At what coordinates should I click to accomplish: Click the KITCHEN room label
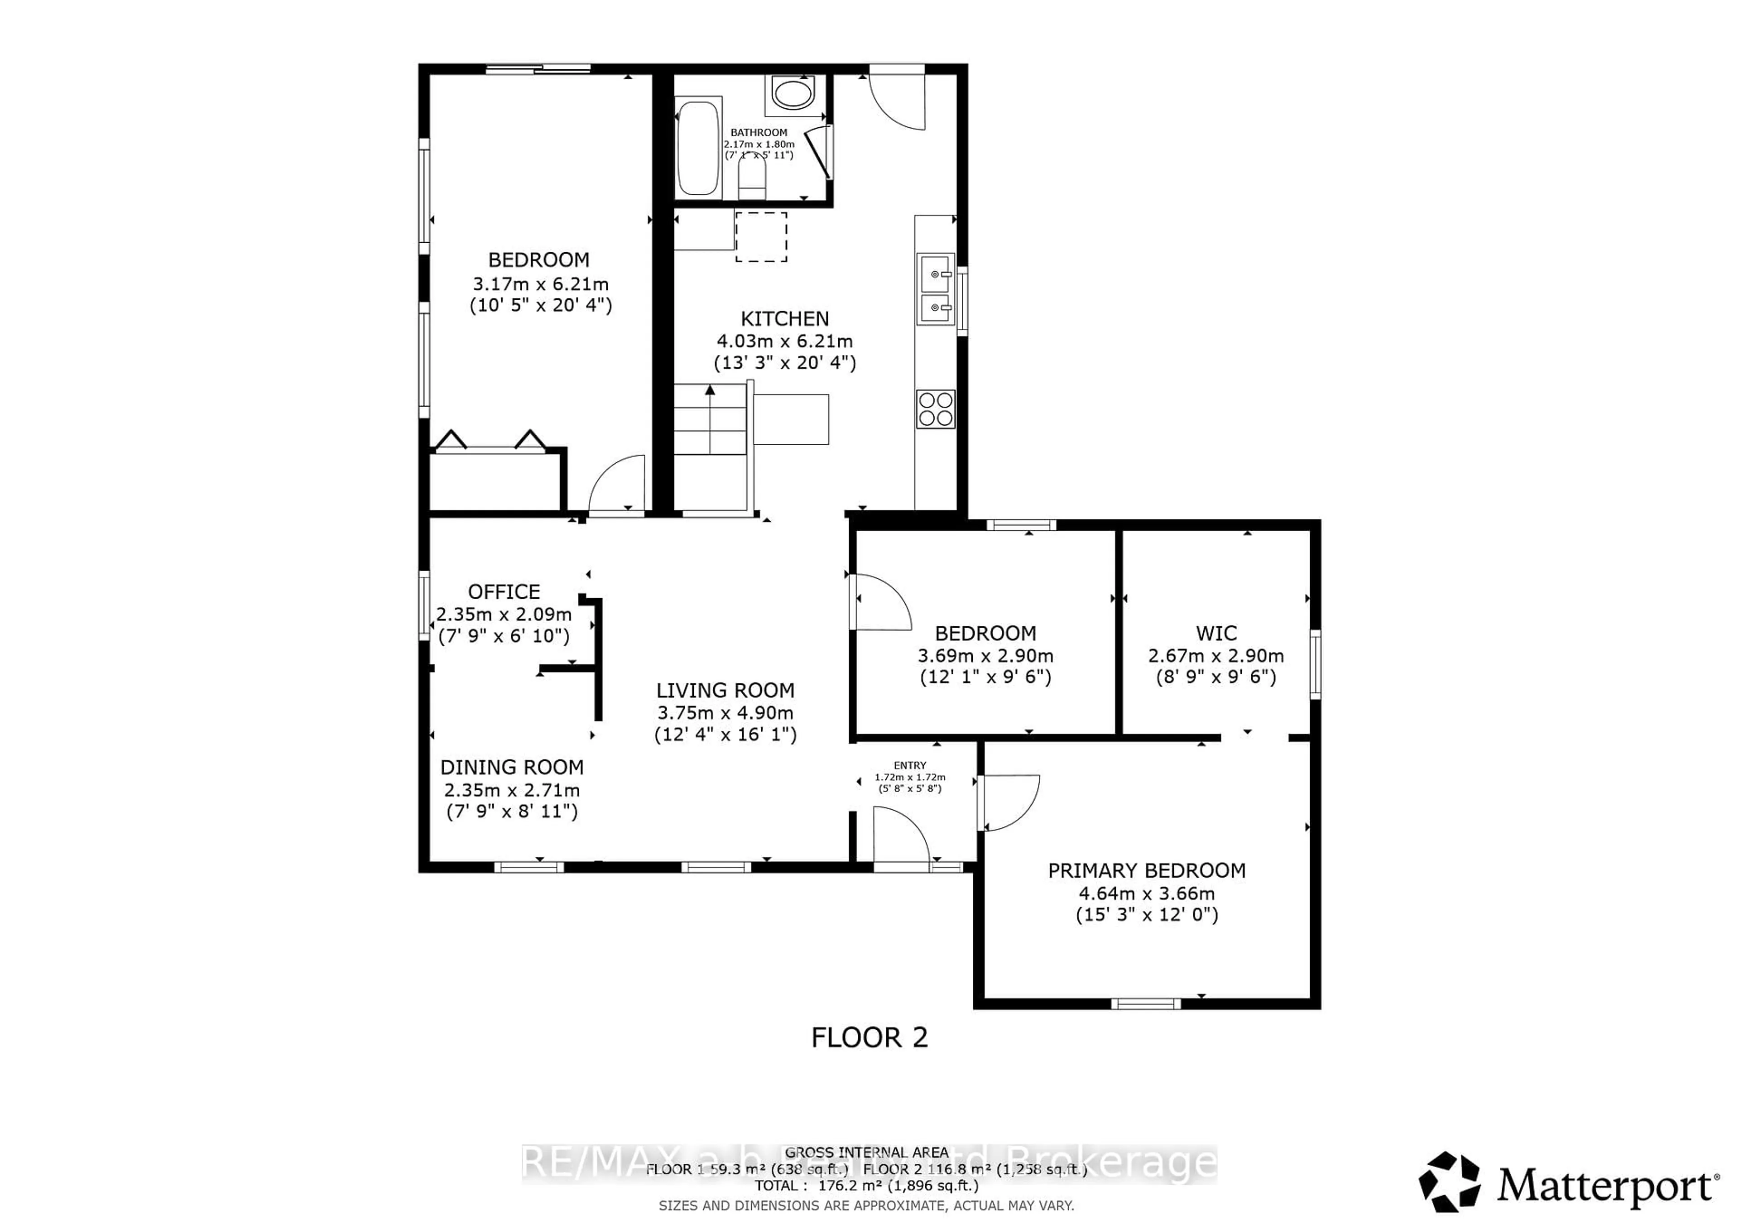[x=785, y=319]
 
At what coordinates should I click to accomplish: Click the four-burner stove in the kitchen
[x=936, y=409]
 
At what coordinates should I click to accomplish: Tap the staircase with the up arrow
[x=711, y=420]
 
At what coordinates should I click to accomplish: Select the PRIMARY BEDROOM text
[x=1146, y=871]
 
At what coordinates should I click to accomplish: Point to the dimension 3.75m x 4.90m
[x=725, y=713]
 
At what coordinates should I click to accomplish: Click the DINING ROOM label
[x=512, y=767]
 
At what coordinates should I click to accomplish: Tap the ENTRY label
[x=910, y=766]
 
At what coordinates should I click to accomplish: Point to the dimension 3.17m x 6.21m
[x=540, y=284]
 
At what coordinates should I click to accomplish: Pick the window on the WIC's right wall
[x=1316, y=664]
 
